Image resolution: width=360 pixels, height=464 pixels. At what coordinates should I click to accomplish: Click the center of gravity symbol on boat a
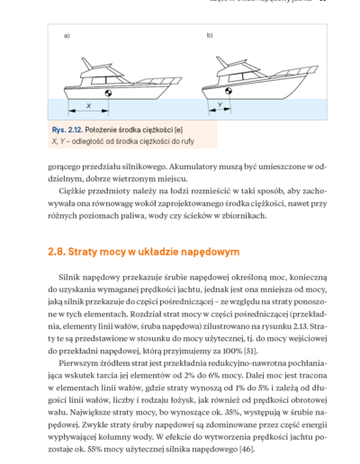pyautogui.click(x=108, y=93)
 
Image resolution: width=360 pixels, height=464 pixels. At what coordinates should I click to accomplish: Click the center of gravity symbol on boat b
pyautogui.click(x=229, y=91)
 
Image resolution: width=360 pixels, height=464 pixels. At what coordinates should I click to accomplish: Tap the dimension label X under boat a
pyautogui.click(x=89, y=106)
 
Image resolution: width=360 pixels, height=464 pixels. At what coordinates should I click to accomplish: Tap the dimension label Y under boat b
pyautogui.click(x=220, y=105)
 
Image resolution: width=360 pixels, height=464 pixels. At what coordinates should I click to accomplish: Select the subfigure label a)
pyautogui.click(x=67, y=36)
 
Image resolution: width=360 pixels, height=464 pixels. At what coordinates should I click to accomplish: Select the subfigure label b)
pyautogui.click(x=210, y=35)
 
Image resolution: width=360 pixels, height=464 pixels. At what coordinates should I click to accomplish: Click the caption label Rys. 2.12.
pyautogui.click(x=67, y=129)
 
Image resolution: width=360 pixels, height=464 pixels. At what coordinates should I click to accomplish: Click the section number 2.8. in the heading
pyautogui.click(x=57, y=252)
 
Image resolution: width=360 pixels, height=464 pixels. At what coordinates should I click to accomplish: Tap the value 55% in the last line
pyautogui.click(x=94, y=450)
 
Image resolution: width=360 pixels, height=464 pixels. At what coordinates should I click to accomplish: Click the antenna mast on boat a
pyautogui.click(x=86, y=64)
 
